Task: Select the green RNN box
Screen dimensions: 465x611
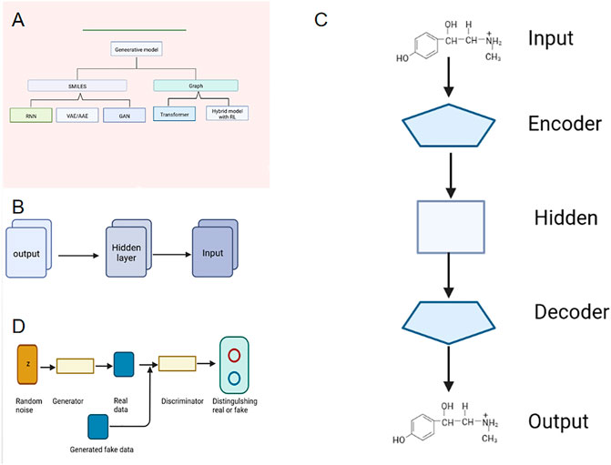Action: pyautogui.click(x=31, y=116)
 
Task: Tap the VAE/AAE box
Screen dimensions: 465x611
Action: pyautogui.click(x=79, y=116)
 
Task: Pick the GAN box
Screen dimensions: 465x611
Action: pyautogui.click(x=124, y=116)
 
